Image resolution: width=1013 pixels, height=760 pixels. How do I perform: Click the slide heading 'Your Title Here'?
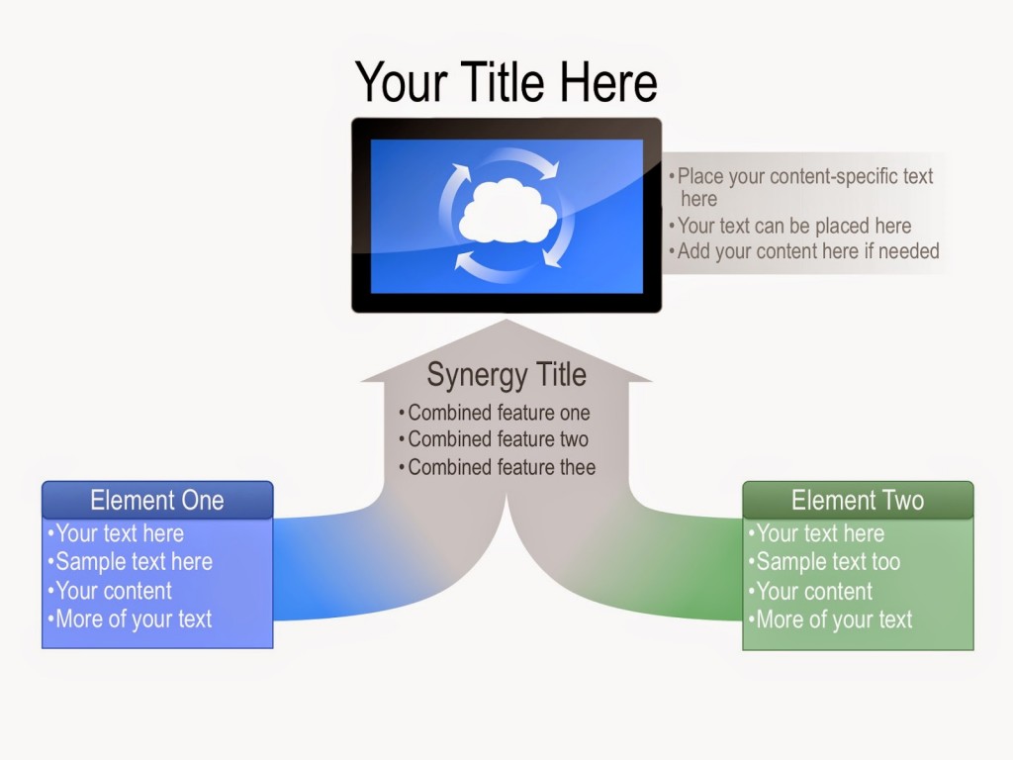(x=506, y=82)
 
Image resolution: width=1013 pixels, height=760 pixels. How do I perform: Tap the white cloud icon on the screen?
(x=506, y=211)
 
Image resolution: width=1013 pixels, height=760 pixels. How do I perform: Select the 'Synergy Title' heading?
(x=506, y=375)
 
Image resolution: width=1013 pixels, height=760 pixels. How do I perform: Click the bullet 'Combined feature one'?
(x=499, y=413)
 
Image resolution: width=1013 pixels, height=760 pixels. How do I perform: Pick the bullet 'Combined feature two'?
(x=498, y=439)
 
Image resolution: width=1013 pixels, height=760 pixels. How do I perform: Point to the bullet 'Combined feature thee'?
(x=502, y=467)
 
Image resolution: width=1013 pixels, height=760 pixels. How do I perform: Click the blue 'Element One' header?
(x=157, y=500)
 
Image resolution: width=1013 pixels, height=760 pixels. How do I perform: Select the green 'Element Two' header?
(x=858, y=500)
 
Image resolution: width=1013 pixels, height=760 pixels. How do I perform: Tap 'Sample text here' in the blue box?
(x=134, y=562)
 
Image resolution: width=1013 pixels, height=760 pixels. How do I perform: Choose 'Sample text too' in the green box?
(x=828, y=562)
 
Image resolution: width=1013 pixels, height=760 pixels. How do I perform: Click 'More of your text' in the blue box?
(x=134, y=619)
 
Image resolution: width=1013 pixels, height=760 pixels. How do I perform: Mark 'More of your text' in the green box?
(x=834, y=619)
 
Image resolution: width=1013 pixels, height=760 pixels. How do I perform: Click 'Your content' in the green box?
(x=814, y=592)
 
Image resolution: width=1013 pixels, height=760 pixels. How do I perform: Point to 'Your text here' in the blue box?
(x=120, y=533)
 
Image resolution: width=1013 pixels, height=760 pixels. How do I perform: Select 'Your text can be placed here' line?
(x=794, y=226)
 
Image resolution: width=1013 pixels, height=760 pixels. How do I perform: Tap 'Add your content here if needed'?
(x=808, y=251)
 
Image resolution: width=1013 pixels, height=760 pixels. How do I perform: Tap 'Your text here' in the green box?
(x=820, y=533)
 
